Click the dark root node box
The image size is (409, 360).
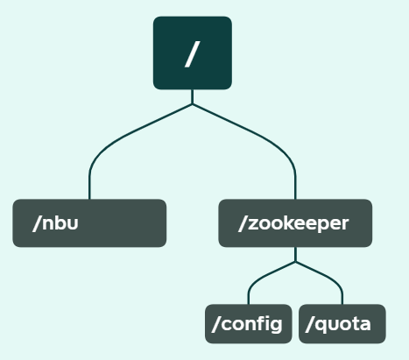point(193,53)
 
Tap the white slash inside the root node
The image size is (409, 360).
point(193,54)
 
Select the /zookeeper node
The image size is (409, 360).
point(295,223)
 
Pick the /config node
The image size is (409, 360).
point(249,324)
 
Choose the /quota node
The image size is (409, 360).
point(342,324)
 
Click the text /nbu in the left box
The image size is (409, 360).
point(55,223)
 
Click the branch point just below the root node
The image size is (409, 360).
point(193,104)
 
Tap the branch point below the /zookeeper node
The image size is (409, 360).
point(295,262)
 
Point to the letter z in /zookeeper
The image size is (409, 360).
point(253,224)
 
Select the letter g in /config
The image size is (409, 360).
point(276,325)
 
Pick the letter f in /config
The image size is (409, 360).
point(260,323)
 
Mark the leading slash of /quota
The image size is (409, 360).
point(309,324)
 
